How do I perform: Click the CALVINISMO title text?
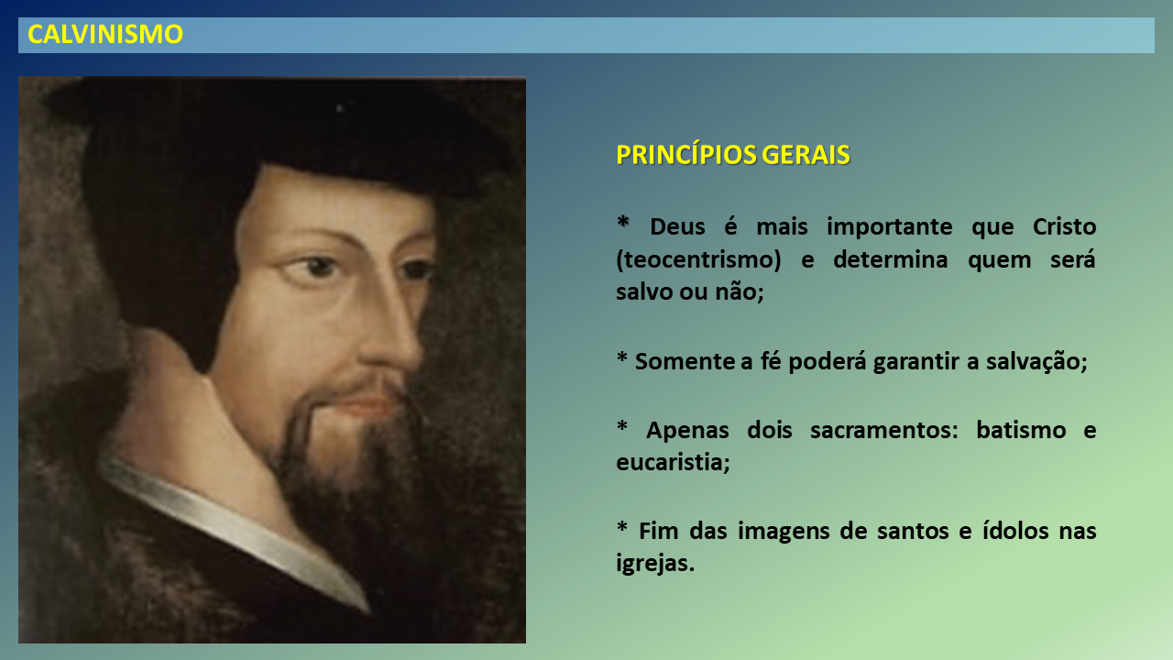105,35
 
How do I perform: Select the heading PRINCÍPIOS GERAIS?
733,155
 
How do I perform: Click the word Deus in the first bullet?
677,226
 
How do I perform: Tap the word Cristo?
1065,226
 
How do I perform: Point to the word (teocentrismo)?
698,260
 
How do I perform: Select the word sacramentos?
884,431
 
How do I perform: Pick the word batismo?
1021,431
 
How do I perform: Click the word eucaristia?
673,463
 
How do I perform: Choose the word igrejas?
655,564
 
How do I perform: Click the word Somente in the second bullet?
685,362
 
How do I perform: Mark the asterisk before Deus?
622,222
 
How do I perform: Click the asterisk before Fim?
622,526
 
